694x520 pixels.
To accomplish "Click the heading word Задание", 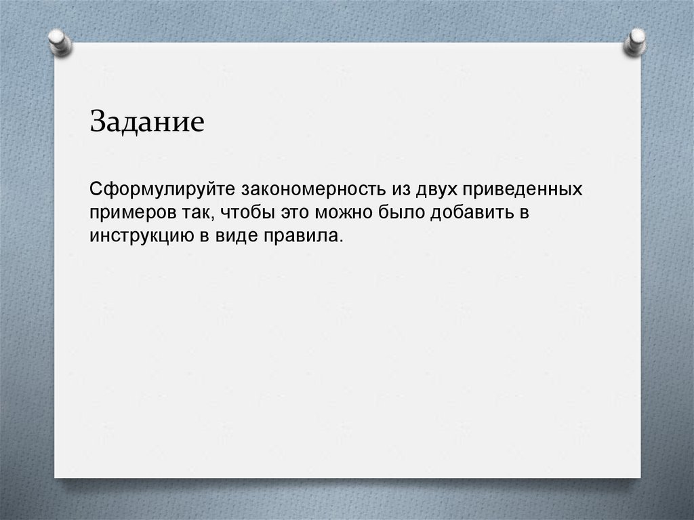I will [146, 123].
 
